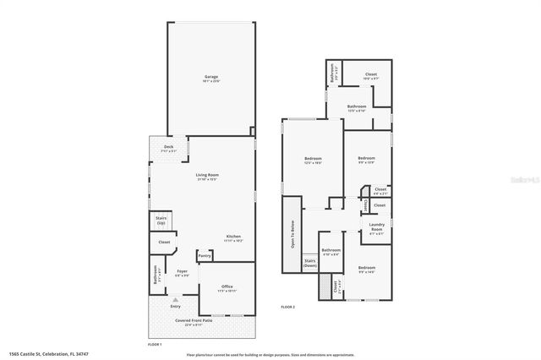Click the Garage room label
coord(211,78)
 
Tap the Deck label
coord(168,148)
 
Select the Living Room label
coord(207,176)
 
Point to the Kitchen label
coord(234,237)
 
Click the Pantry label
coord(204,255)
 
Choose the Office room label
coord(227,288)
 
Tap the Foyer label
coord(182,272)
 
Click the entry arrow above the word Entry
coord(175,299)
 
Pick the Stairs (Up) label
coord(161,220)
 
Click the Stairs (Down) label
coord(309,263)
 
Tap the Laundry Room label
coord(377,226)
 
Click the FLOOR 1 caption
coord(155,345)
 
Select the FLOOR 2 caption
coord(287,307)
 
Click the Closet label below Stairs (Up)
coord(164,243)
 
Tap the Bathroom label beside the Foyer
coord(155,275)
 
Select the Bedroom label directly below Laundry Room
coord(366,270)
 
